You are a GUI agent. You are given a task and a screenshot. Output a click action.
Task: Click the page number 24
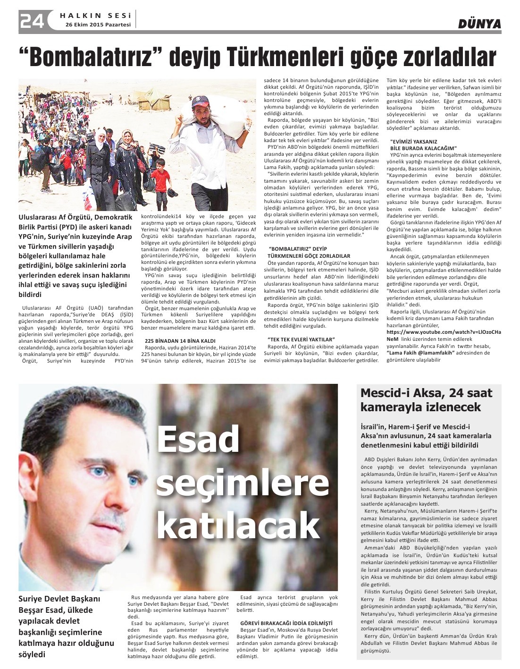click(32, 20)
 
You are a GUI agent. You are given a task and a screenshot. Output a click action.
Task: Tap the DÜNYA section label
click(479, 24)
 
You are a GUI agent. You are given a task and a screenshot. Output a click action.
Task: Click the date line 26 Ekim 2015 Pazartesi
click(98, 25)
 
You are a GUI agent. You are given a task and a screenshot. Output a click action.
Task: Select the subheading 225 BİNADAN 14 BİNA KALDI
click(180, 340)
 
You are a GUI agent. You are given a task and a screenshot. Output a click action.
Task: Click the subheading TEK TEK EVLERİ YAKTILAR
click(301, 339)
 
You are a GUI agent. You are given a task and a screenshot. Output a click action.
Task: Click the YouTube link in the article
click(444, 332)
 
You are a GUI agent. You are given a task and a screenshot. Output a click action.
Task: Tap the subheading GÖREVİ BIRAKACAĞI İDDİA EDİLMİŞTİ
click(286, 623)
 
